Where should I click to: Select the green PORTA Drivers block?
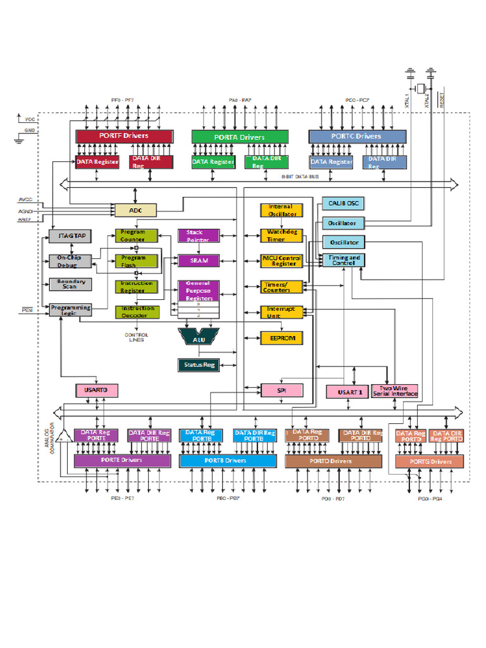[x=240, y=137]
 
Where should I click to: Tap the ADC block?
[x=134, y=210]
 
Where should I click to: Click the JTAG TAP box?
[x=71, y=237]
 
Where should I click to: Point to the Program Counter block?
[x=137, y=236]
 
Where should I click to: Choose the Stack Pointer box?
[x=198, y=236]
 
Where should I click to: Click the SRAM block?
[x=198, y=260]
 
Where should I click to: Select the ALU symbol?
[x=198, y=339]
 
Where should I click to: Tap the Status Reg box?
[x=198, y=364]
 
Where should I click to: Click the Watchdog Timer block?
[x=282, y=236]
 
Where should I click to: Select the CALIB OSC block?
[x=344, y=204]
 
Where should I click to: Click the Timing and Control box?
[x=344, y=260]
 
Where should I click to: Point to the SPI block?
[x=282, y=391]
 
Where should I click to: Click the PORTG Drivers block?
[x=430, y=461]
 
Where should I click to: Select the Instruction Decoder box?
[x=137, y=311]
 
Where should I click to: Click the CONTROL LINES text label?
[x=136, y=337]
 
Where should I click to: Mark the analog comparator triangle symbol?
[x=62, y=437]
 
